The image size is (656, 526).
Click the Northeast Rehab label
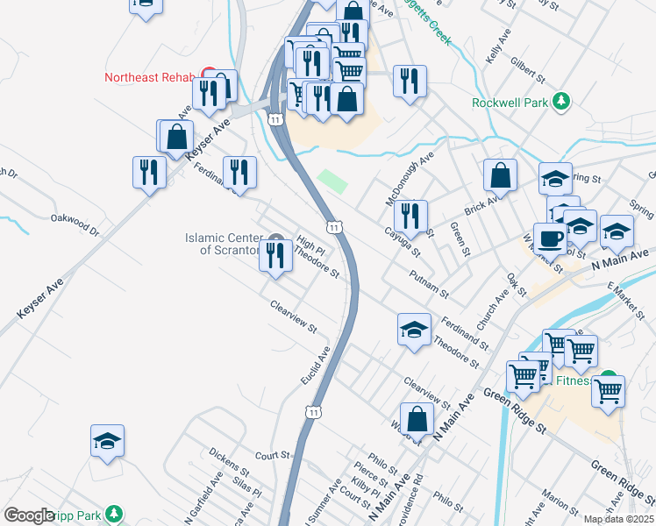(148, 77)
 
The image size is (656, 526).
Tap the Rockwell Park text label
(510, 103)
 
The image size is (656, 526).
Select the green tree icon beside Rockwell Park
(562, 102)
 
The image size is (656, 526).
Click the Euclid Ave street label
(315, 366)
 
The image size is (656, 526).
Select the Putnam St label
(429, 282)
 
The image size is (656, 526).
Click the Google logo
(29, 515)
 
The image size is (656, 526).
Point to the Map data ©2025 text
(618, 519)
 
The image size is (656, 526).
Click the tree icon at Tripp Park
(113, 513)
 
